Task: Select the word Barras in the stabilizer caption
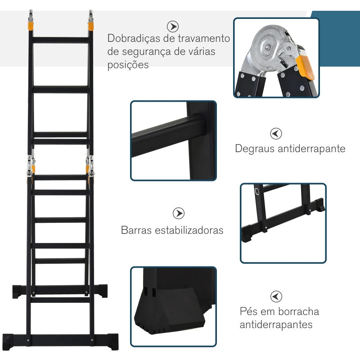pos(136,230)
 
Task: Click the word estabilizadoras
pos(189,230)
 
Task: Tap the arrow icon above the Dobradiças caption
pos(172,26)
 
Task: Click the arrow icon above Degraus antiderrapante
pos(276,133)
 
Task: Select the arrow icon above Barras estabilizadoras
pos(179,213)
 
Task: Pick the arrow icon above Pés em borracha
pos(276,296)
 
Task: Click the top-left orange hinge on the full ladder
pos(30,25)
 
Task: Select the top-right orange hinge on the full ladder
pos(90,25)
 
